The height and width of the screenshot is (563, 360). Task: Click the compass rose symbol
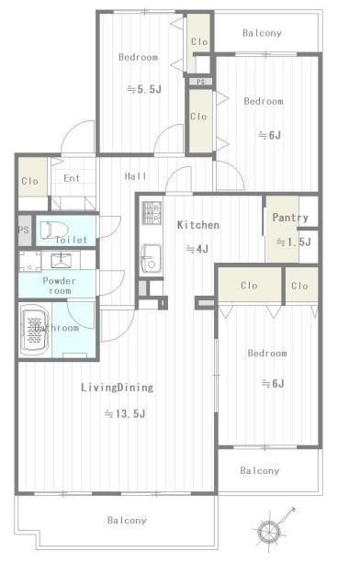tap(268, 529)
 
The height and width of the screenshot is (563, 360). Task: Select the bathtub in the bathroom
tap(35, 332)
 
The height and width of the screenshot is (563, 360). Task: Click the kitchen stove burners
tap(152, 212)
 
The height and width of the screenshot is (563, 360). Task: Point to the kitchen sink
tap(152, 258)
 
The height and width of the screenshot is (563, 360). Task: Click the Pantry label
tap(290, 218)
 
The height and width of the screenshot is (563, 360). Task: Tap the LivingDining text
tap(117, 388)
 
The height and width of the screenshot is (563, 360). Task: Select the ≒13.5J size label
tap(125, 414)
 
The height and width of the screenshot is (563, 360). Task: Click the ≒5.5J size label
tap(144, 89)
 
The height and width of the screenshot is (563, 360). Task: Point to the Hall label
tap(136, 176)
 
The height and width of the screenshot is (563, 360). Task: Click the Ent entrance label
tap(72, 178)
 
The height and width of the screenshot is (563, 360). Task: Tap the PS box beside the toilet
tap(24, 230)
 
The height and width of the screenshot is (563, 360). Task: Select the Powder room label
tap(59, 286)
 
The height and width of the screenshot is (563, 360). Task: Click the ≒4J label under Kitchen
tap(197, 249)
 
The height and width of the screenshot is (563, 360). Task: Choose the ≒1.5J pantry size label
tap(294, 242)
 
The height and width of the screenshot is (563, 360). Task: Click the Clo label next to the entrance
tap(29, 181)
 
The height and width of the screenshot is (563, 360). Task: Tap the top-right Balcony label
tap(262, 33)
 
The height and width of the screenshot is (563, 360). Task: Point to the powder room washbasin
tap(61, 260)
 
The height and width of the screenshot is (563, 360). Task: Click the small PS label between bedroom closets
tap(200, 82)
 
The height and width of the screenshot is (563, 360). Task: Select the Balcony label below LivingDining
tap(127, 520)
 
